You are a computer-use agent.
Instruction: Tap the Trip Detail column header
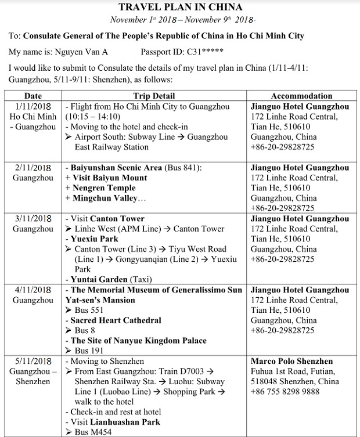click(154, 96)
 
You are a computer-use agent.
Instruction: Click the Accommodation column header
click(301, 96)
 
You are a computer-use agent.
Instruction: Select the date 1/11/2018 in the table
click(33, 107)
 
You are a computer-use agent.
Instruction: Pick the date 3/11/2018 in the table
click(33, 219)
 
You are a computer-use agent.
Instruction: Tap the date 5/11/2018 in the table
click(33, 361)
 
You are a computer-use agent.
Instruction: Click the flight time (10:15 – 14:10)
click(93, 117)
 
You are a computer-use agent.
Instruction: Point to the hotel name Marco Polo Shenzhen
click(291, 361)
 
